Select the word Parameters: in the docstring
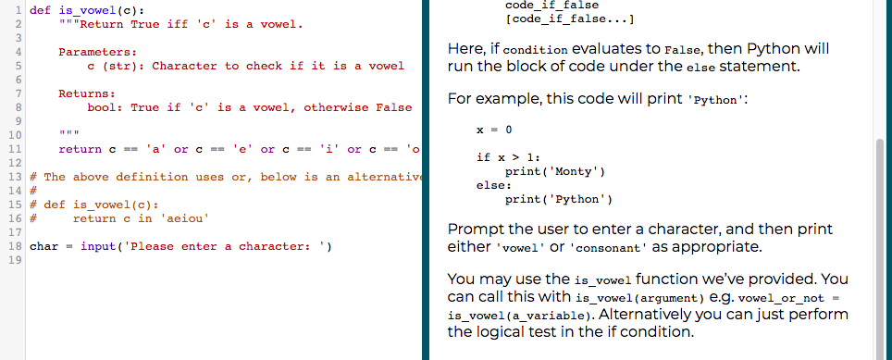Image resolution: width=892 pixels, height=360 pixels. pyautogui.click(x=98, y=52)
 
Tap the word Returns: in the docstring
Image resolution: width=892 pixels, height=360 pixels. pyautogui.click(x=87, y=93)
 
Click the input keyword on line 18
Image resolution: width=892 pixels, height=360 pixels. pyautogui.click(x=98, y=246)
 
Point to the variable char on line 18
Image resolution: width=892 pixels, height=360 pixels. pyautogui.click(x=44, y=246)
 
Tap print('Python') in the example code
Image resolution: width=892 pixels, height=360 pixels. pyautogui.click(x=558, y=199)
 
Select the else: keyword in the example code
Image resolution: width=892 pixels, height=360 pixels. pyautogui.click(x=490, y=185)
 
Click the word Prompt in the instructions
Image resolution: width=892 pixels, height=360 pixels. pyautogui.click(x=473, y=229)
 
